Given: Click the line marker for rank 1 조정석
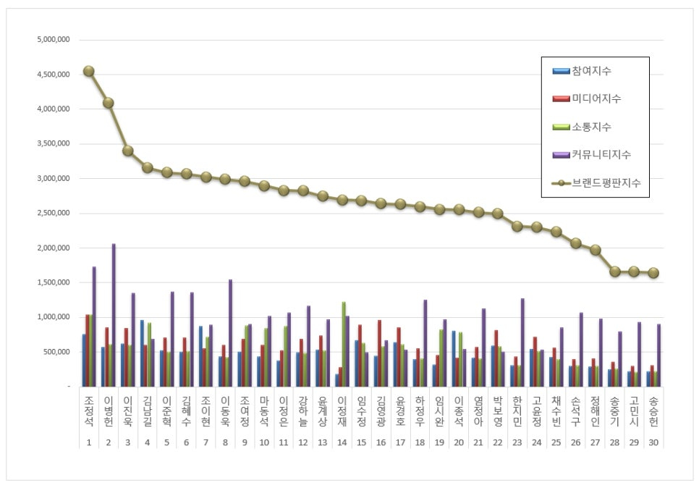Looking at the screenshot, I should pyautogui.click(x=88, y=71).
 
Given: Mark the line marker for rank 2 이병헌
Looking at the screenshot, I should pyautogui.click(x=108, y=103).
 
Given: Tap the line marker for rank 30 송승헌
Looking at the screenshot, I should pyautogui.click(x=653, y=272).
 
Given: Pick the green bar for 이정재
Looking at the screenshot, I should pyautogui.click(x=343, y=344).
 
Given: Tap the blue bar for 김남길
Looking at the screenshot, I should pyautogui.click(x=142, y=353).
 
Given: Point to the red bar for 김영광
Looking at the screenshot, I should pyautogui.click(x=378, y=353).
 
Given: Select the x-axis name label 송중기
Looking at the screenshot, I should pyautogui.click(x=614, y=412).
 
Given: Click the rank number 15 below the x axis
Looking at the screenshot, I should pyautogui.click(x=361, y=441).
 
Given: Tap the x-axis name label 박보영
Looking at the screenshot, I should pyautogui.click(x=497, y=412).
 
